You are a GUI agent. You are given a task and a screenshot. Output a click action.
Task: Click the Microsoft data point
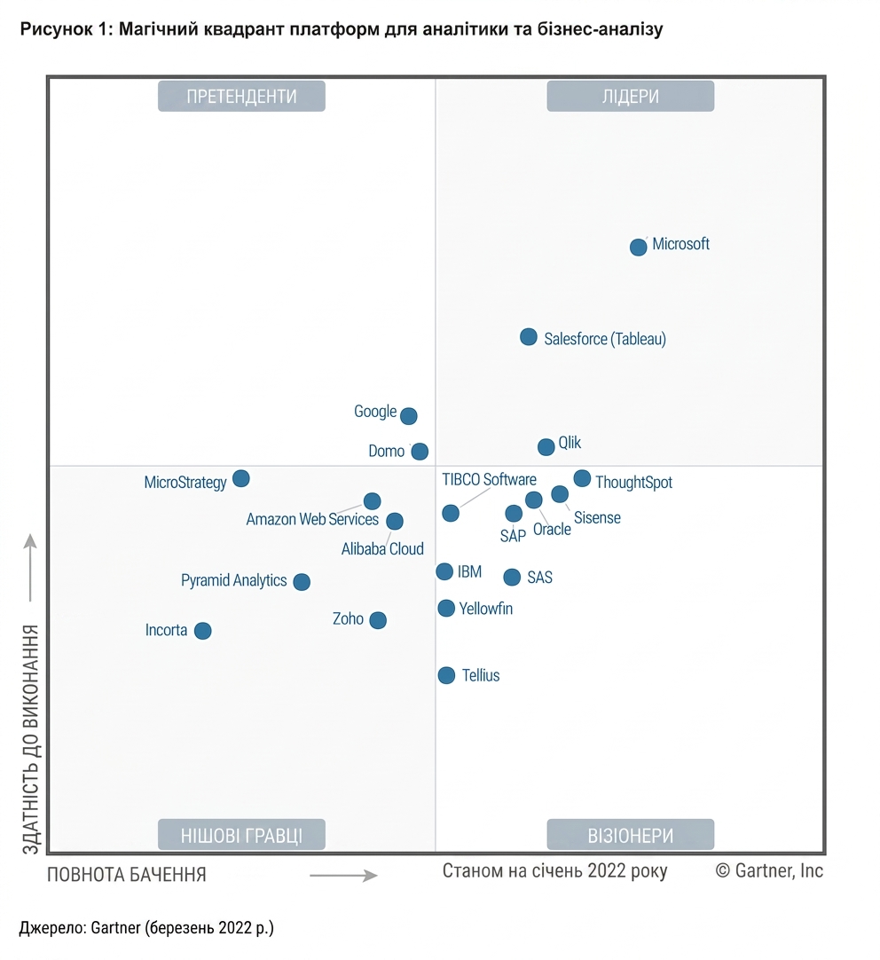639,247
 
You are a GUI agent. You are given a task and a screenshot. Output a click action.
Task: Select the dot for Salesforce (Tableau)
528,337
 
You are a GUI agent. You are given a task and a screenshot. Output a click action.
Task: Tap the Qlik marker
546,447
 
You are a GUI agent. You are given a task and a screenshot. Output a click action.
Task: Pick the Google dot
409,416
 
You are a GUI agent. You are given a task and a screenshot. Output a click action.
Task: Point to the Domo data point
420,452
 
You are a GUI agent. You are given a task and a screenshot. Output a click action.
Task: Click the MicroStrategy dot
241,478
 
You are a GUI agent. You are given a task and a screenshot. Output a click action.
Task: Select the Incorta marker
202,631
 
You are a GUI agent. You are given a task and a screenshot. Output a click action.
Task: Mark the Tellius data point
447,675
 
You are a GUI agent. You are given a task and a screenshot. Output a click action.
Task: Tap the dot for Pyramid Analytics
302,582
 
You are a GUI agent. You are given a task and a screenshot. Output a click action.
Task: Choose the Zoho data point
378,620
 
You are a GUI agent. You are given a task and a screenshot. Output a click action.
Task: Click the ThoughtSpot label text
634,483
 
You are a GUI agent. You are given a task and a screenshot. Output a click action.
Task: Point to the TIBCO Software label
489,479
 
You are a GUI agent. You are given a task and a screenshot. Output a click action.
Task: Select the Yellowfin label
486,609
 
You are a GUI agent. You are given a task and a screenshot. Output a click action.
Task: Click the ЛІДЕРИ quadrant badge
631,96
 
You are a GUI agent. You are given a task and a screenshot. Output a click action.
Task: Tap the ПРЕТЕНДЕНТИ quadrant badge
241,96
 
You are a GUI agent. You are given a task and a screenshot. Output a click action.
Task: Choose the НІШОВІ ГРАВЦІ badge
241,835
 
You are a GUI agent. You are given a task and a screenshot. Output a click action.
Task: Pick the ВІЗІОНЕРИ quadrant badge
631,835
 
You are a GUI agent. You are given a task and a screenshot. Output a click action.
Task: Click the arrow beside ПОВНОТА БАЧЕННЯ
343,876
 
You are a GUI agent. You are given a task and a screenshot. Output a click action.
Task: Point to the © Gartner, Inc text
769,870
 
